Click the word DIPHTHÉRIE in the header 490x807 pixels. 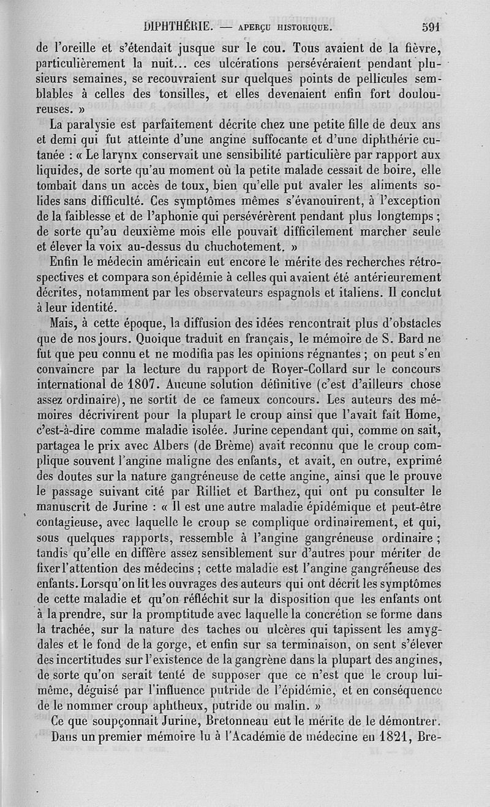pyautogui.click(x=177, y=27)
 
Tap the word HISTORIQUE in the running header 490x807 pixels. pyautogui.click(x=301, y=28)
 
